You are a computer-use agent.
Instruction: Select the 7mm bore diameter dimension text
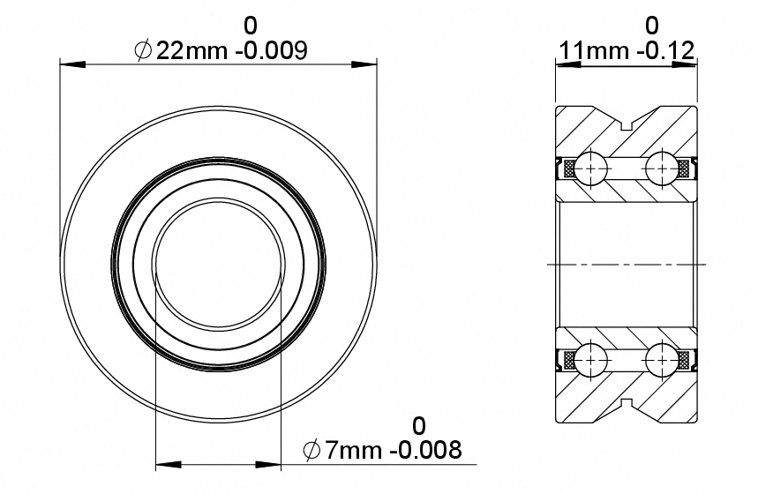tap(353, 451)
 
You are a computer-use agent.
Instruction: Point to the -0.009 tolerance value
tap(271, 50)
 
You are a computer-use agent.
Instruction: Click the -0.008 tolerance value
tap(426, 451)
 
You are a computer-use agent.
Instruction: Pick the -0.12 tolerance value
tap(666, 50)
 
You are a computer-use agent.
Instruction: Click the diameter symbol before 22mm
tap(144, 50)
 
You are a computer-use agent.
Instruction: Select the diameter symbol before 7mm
tap(311, 451)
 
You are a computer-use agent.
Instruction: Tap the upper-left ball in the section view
tap(591, 168)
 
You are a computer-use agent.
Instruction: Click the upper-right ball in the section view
tap(662, 168)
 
